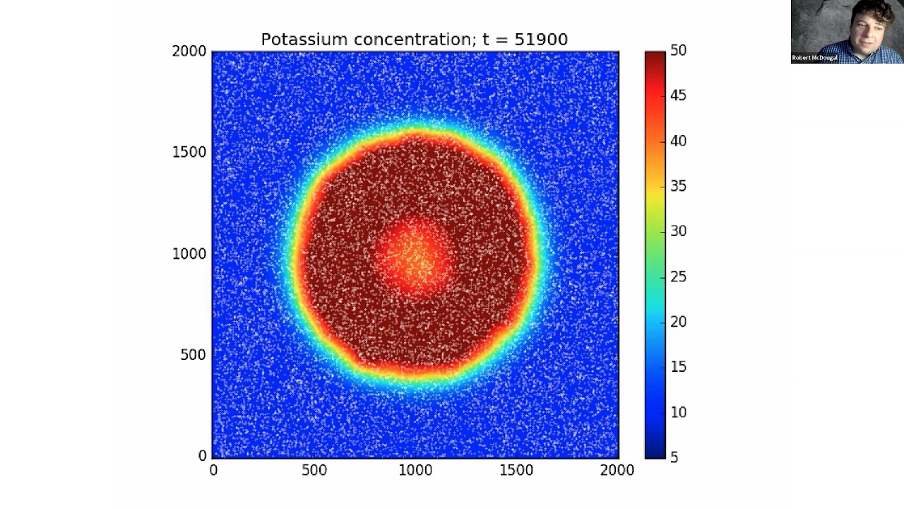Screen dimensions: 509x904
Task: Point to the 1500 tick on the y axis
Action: pyautogui.click(x=189, y=152)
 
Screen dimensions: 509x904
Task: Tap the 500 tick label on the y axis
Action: pyautogui.click(x=193, y=355)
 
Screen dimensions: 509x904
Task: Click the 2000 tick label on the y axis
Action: pyautogui.click(x=189, y=51)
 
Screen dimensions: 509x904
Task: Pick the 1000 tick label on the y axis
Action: pyautogui.click(x=189, y=254)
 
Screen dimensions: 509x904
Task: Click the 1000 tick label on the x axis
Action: pyautogui.click(x=415, y=470)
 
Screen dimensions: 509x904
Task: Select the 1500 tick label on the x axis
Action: pyautogui.click(x=516, y=470)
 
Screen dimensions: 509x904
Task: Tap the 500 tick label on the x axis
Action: pyautogui.click(x=314, y=470)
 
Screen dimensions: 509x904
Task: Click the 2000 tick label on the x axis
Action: pyautogui.click(x=617, y=470)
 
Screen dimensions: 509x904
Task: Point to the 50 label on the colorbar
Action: pyautogui.click(x=678, y=50)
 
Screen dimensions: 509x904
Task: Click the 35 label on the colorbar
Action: pyautogui.click(x=678, y=186)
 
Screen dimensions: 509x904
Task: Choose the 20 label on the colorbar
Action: pyautogui.click(x=678, y=322)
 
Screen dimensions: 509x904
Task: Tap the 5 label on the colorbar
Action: pyautogui.click(x=674, y=457)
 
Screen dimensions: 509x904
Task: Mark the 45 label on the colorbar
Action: pyautogui.click(x=678, y=95)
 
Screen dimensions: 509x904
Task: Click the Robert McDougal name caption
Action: pyautogui.click(x=814, y=58)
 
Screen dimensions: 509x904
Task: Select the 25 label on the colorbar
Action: pyautogui.click(x=678, y=276)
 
